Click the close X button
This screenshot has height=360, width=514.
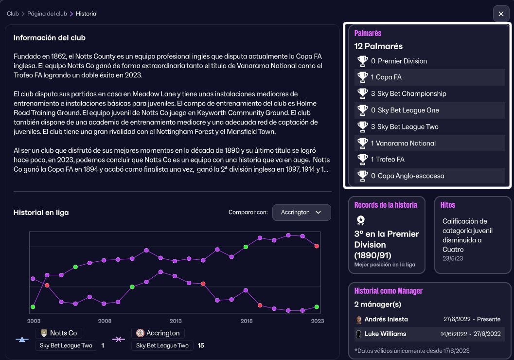coord(501,14)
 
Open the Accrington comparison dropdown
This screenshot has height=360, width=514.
coord(301,213)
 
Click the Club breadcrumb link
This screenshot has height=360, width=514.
coord(13,14)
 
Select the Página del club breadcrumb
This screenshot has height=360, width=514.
coord(47,14)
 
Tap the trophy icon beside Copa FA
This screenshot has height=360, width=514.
coord(363,77)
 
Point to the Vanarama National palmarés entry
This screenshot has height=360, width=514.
coord(403,144)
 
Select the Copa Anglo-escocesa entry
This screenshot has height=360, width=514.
coord(408,176)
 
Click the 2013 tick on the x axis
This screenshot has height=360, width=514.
coord(176,321)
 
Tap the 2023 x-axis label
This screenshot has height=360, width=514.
coord(318,321)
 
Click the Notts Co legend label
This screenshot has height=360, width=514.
coord(63,333)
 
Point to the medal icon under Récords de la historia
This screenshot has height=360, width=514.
coord(360,220)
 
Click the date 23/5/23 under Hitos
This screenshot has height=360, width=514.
coord(453,258)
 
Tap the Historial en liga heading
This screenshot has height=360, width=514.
coord(41,213)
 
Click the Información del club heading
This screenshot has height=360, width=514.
coord(50,38)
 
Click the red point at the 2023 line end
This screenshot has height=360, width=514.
coord(317,246)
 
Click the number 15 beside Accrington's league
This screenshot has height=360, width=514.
coord(201,346)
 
